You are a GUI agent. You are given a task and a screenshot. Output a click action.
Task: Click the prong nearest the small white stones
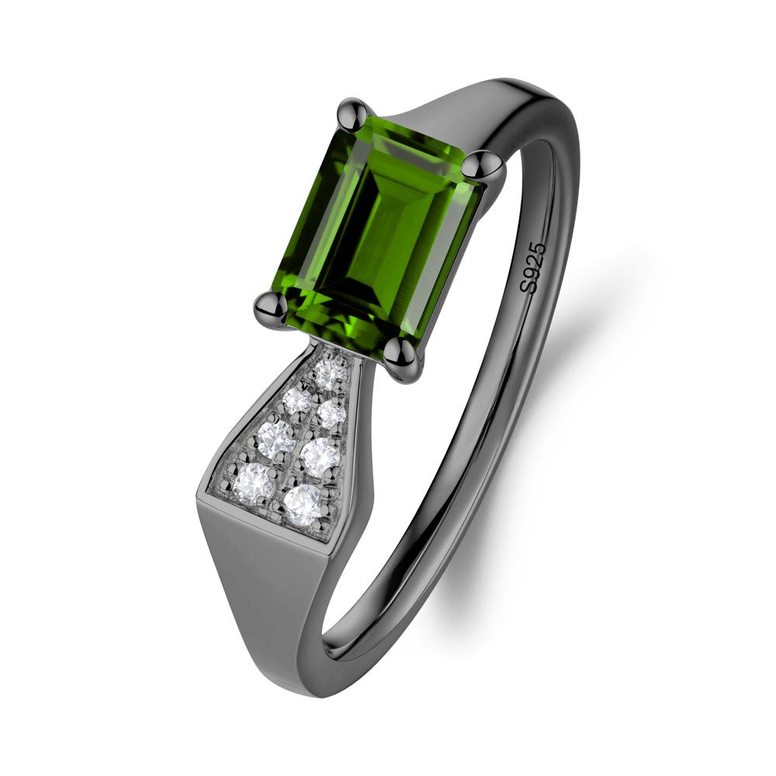pyautogui.click(x=404, y=359)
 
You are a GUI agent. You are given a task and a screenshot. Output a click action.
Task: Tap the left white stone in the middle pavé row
pyautogui.click(x=276, y=436)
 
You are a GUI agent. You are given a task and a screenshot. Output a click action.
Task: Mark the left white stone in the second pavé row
pyautogui.click(x=296, y=400)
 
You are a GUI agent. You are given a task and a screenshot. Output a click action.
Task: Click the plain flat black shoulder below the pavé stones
pyautogui.click(x=256, y=590)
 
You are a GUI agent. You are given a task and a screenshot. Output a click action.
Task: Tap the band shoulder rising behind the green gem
pyautogui.click(x=473, y=109)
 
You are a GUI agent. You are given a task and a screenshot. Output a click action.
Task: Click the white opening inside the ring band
pyautogui.click(x=435, y=466)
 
